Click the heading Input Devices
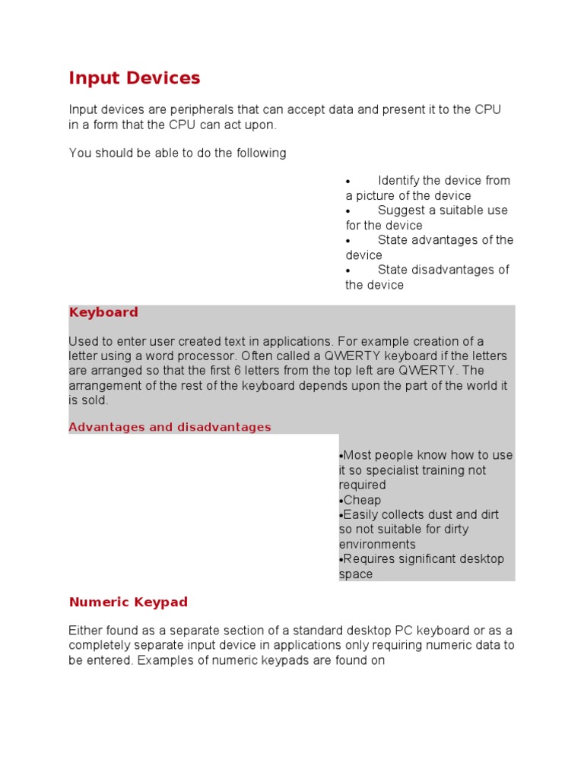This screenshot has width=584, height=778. [135, 78]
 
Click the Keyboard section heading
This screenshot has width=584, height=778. [103, 312]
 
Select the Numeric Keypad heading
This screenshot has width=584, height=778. [128, 602]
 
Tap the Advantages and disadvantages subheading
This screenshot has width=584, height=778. [170, 427]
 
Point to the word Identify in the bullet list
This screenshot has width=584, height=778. [398, 181]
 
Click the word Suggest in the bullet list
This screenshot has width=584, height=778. [400, 210]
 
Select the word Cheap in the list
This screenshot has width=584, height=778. [362, 500]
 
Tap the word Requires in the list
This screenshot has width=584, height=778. [369, 559]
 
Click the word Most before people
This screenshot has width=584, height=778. [357, 456]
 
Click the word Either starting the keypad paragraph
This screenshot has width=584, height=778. [86, 631]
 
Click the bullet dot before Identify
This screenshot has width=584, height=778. [348, 182]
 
